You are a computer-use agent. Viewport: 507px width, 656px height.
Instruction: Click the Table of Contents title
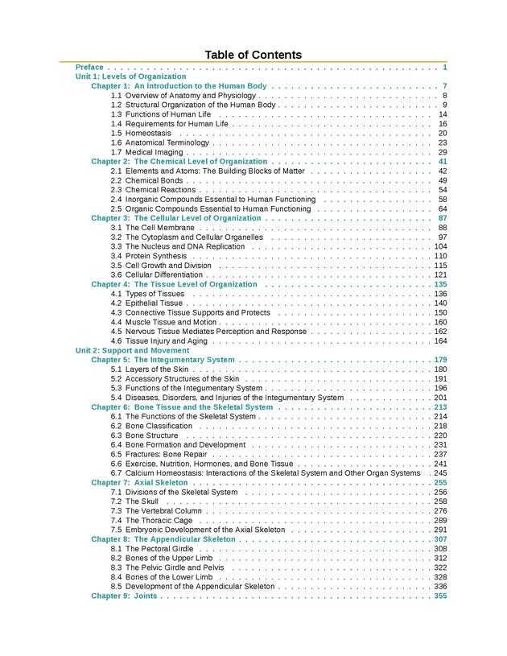tap(253, 55)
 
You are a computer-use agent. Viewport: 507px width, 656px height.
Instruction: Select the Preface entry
tap(89, 67)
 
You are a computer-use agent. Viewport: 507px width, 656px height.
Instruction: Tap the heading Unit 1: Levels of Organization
tap(130, 76)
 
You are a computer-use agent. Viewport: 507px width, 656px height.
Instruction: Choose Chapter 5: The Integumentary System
tap(163, 360)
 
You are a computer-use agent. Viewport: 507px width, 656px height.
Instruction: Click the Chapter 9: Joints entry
tap(124, 596)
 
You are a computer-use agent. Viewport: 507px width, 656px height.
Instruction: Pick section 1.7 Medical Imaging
tap(148, 152)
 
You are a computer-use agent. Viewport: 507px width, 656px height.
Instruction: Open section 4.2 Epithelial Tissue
tap(147, 303)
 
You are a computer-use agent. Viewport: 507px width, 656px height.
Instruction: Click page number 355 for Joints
tap(440, 596)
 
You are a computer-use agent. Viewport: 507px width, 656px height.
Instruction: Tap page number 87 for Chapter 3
tap(443, 218)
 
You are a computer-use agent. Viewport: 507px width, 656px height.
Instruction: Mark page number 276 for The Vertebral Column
tap(440, 511)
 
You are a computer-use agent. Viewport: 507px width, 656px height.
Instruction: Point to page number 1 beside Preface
tap(444, 67)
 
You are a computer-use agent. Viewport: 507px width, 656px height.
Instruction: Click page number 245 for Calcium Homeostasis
tap(440, 473)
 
